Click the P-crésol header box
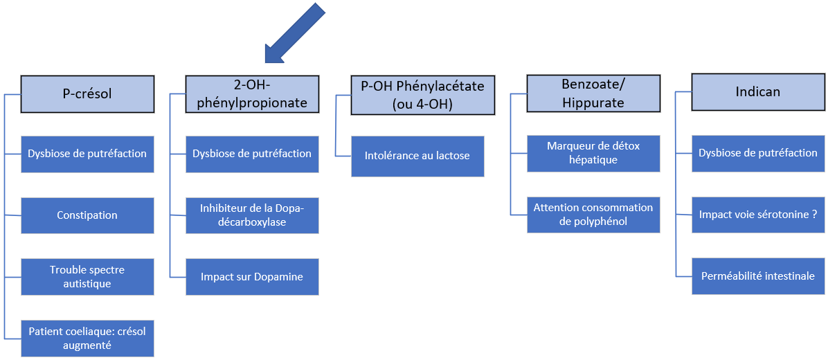point(87,93)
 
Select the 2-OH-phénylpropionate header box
point(252,93)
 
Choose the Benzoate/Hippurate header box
point(593,93)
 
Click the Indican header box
point(757,92)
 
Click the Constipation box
point(87,215)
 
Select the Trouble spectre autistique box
point(87,277)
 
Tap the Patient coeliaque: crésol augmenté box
point(87,339)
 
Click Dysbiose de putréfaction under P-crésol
point(87,154)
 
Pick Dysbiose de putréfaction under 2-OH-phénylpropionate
point(252,154)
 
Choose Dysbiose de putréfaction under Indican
point(757,153)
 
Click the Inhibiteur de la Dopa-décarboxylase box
point(252,215)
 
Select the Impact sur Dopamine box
point(252,277)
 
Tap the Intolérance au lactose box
point(417,156)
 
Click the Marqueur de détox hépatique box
point(593,153)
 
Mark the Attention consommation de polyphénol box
point(593,215)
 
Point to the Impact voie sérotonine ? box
point(757,215)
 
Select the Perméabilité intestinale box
point(757,276)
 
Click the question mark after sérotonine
point(814,215)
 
